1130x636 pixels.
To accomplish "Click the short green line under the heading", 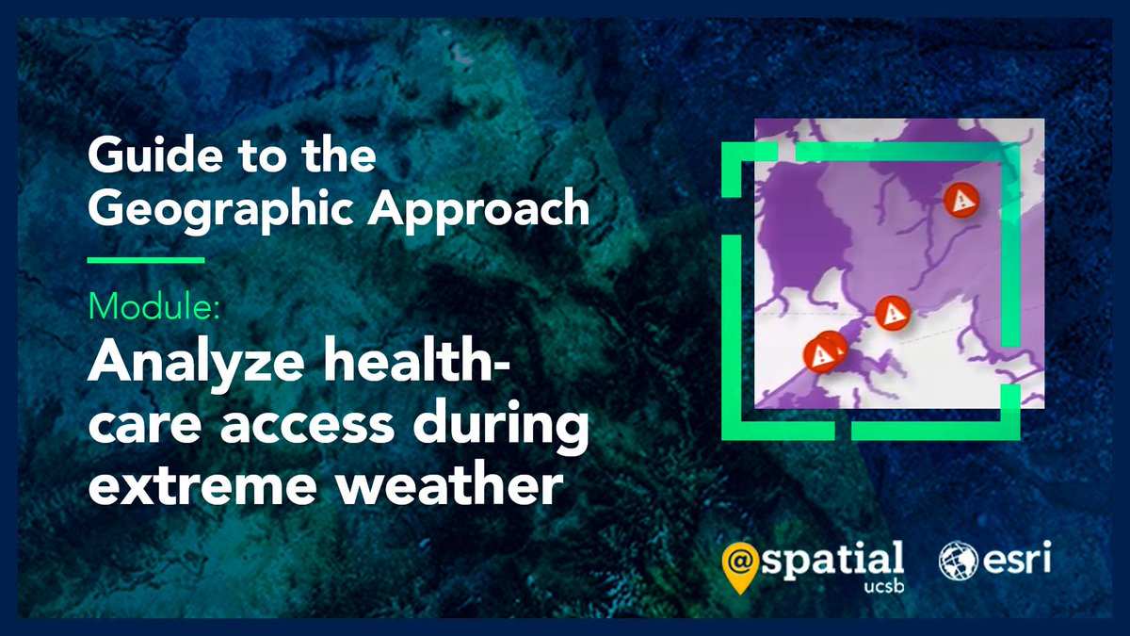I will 146,259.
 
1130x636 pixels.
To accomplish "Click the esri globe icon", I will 958,561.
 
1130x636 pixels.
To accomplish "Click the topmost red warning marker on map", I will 961,199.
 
